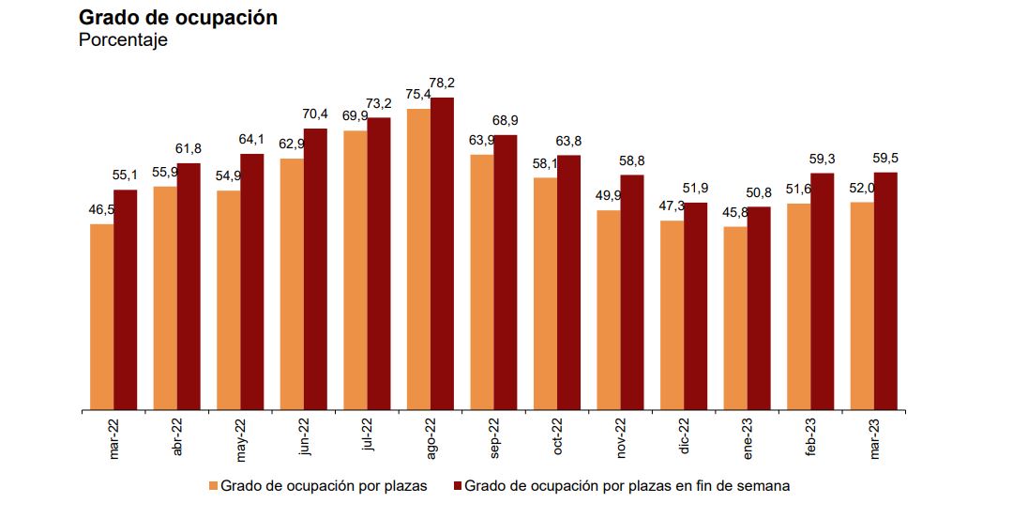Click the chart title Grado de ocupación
[x=178, y=18]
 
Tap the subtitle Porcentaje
[x=123, y=40]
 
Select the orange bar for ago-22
[x=418, y=260]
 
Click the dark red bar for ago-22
[x=442, y=253]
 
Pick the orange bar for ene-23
[x=735, y=318]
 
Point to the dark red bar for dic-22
[x=695, y=307]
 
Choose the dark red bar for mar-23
[x=885, y=291]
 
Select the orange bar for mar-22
[x=101, y=317]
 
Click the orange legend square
[x=213, y=486]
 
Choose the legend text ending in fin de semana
[x=627, y=486]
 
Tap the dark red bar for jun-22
[x=315, y=269]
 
